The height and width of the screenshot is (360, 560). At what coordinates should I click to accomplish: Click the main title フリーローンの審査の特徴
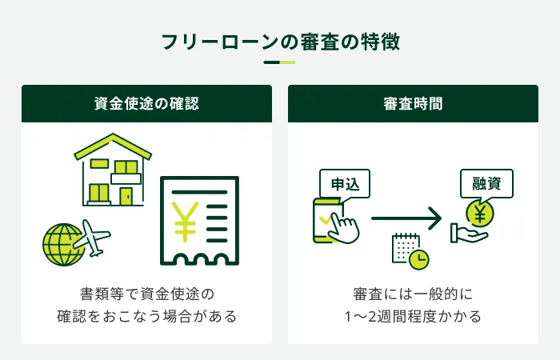[x=279, y=40]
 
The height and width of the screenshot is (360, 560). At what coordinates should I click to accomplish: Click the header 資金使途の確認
[x=146, y=103]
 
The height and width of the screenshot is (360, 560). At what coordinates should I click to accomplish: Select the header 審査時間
[x=413, y=103]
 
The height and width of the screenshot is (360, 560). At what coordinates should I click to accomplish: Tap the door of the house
[x=126, y=195]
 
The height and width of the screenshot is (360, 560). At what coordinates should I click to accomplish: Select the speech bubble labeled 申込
[x=346, y=184]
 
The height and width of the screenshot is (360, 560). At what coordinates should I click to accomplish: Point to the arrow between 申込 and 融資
[x=406, y=218]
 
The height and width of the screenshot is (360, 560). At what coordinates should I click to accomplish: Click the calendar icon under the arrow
[x=404, y=246]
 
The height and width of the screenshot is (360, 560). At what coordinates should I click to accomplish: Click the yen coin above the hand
[x=480, y=214]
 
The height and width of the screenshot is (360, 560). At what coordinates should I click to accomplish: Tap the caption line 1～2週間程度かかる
[x=413, y=316]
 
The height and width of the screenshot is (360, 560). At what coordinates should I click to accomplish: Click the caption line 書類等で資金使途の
[x=146, y=292]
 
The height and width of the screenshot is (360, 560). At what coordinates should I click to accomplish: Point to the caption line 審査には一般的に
[x=413, y=292]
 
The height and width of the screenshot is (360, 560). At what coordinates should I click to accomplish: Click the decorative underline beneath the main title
[x=279, y=62]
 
